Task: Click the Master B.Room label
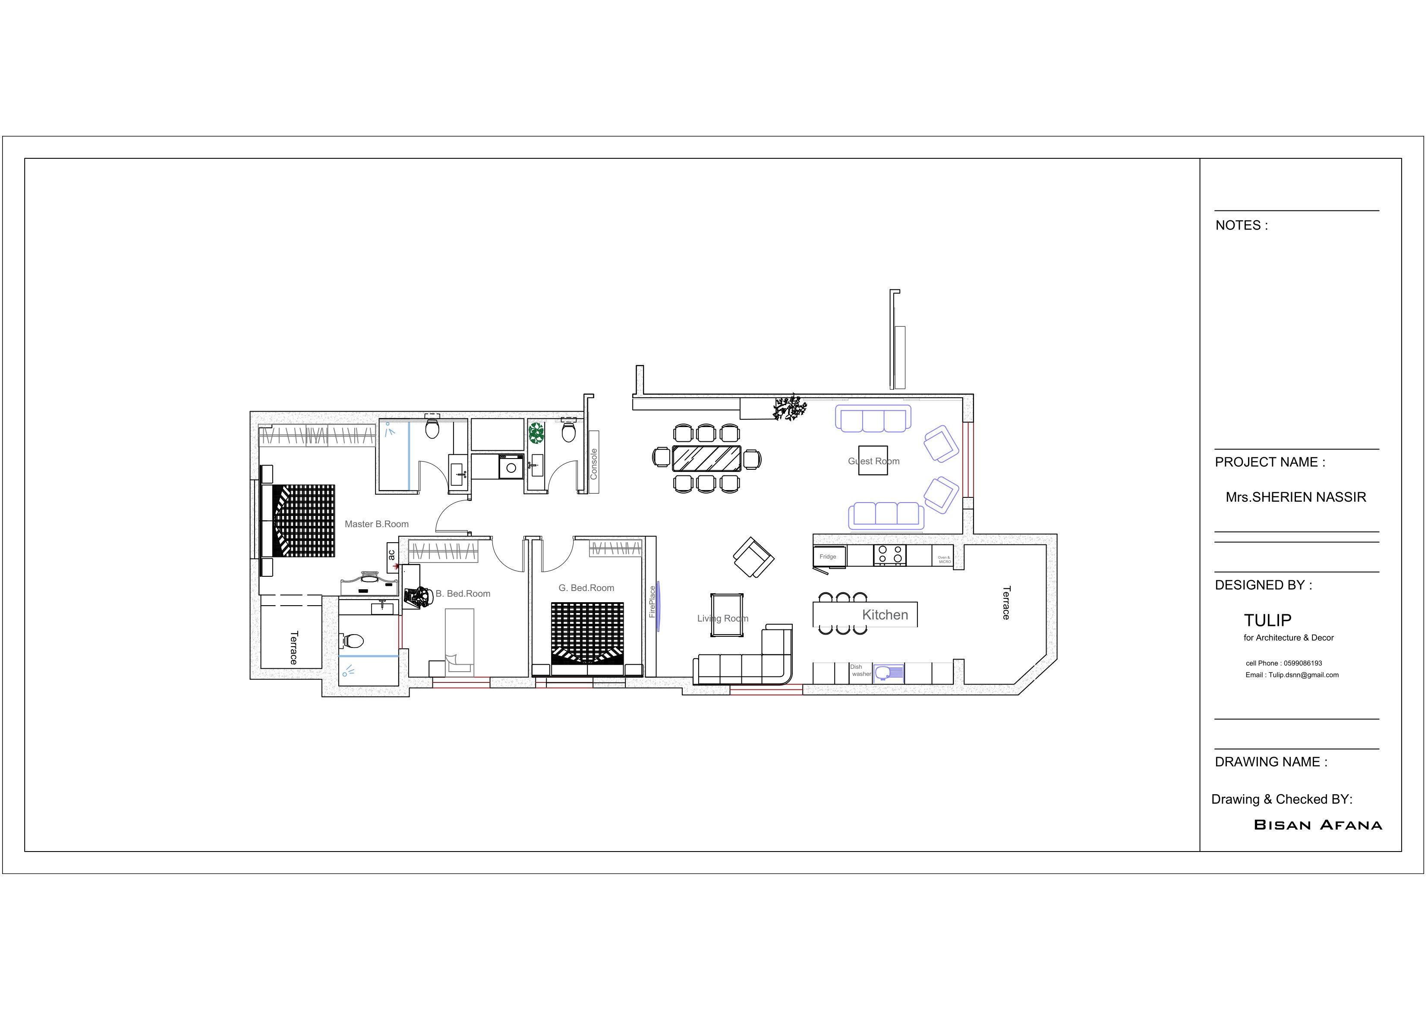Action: point(376,524)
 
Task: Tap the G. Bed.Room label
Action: point(586,588)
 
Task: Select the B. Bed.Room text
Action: point(463,594)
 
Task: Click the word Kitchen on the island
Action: point(884,615)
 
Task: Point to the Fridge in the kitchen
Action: point(828,556)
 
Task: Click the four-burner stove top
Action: point(889,555)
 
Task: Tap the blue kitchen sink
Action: point(888,673)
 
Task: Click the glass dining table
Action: point(706,458)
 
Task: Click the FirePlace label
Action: point(652,602)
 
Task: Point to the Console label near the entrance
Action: point(593,464)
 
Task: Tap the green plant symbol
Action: point(536,433)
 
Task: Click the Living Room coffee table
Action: point(727,615)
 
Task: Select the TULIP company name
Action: point(1267,620)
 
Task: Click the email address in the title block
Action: point(1292,675)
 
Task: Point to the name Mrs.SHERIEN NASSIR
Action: point(1296,497)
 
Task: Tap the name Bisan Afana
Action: point(1317,825)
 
